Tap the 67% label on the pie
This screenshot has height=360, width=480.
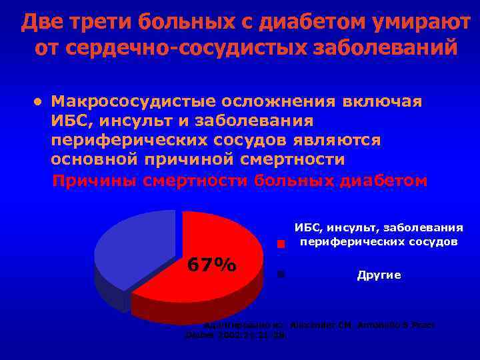click(x=211, y=265)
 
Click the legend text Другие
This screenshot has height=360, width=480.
click(x=379, y=275)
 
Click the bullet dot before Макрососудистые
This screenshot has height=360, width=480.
click(x=39, y=102)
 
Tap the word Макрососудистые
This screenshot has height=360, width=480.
click(x=123, y=101)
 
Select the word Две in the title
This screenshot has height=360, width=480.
click(x=39, y=22)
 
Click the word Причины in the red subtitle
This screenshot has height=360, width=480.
click(x=95, y=181)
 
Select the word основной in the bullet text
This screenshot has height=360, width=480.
click(x=94, y=160)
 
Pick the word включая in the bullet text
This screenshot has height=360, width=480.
click(x=382, y=101)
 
